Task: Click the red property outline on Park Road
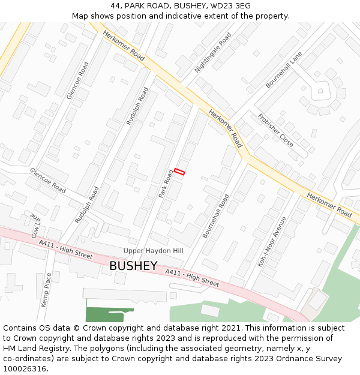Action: (179, 171)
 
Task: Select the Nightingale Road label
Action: (213, 53)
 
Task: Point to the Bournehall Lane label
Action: (284, 70)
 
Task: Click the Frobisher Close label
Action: (275, 130)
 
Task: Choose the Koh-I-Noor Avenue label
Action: (272, 241)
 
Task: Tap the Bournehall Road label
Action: (216, 216)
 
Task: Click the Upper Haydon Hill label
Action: (153, 250)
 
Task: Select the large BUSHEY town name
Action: (133, 265)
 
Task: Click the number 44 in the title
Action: (116, 6)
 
